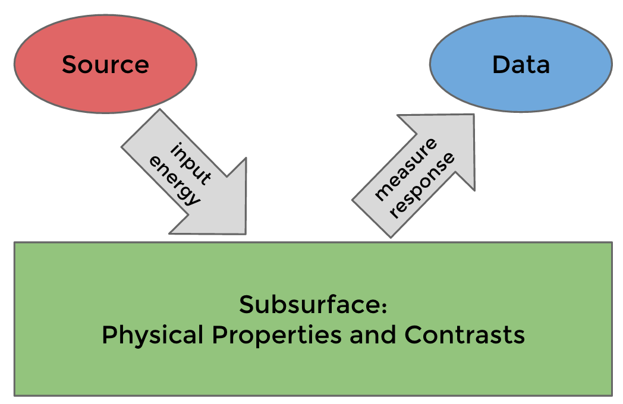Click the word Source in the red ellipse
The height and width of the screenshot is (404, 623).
[105, 64]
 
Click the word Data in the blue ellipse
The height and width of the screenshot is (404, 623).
[521, 64]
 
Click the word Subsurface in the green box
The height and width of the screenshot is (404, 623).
[309, 305]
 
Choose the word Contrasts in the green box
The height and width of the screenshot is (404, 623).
[465, 335]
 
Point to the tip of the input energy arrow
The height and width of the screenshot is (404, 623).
[245, 233]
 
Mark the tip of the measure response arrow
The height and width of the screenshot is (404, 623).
[474, 115]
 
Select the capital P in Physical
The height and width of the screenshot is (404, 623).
[109, 335]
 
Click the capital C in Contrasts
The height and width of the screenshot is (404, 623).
[414, 335]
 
